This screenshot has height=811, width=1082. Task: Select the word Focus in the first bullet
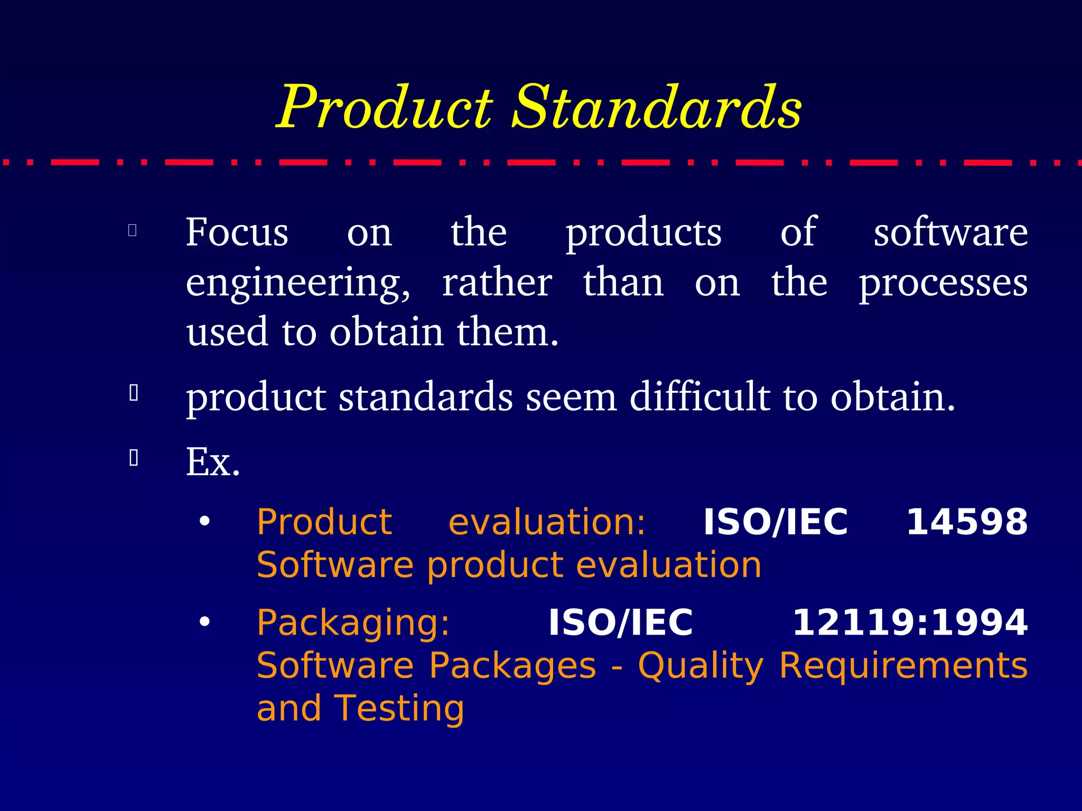[237, 232]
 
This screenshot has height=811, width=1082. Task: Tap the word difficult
[699, 397]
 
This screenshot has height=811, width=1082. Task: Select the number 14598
[967, 522]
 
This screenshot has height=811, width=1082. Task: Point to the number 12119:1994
[910, 623]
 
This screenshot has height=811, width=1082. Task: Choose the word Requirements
[903, 665]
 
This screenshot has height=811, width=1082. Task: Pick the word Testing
[399, 708]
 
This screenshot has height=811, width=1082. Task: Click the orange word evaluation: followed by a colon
[547, 522]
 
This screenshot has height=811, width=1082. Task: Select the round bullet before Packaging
[204, 622]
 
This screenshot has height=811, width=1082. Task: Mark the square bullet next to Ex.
[134, 458]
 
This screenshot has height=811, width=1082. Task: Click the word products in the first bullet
[643, 233]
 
